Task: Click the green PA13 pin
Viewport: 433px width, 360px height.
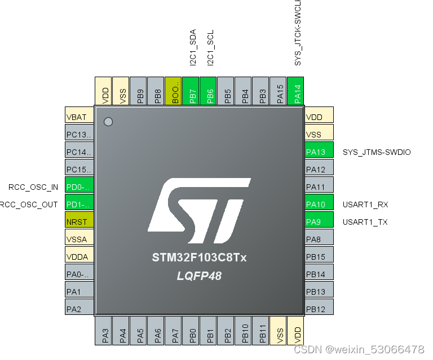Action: pyautogui.click(x=319, y=152)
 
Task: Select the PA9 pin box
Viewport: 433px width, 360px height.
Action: pyautogui.click(x=319, y=222)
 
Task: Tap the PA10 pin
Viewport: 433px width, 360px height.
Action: pyautogui.click(x=319, y=205)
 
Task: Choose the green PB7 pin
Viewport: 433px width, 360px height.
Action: pyautogui.click(x=192, y=91)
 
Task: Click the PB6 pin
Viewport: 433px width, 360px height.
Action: pyautogui.click(x=209, y=91)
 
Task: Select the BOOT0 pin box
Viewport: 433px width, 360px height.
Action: pyautogui.click(x=174, y=91)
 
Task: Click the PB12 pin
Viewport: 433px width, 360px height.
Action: pyautogui.click(x=319, y=309)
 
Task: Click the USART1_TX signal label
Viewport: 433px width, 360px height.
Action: pyautogui.click(x=365, y=222)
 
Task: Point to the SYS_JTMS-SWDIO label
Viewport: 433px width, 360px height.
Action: pyautogui.click(x=377, y=152)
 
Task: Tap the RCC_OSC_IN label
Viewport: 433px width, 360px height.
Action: pyautogui.click(x=33, y=187)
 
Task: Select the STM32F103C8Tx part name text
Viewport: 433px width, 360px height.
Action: pyautogui.click(x=199, y=258)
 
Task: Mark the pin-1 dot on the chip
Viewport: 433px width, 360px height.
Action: pyautogui.click(x=109, y=122)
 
